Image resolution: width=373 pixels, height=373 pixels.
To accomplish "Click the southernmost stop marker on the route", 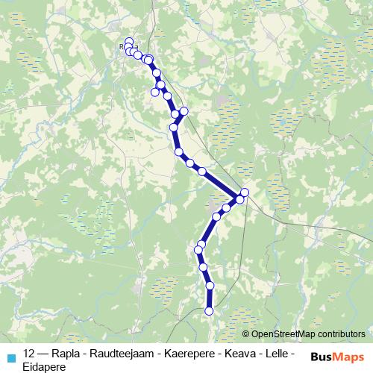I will pos(209,310).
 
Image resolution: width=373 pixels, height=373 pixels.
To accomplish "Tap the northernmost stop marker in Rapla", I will pos(129,42).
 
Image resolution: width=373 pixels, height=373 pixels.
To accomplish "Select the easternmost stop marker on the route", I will pos(244,192).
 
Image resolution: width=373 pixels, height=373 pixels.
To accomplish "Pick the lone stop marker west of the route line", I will pos(155,93).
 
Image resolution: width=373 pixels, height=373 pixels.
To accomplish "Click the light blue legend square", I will pos(10,357).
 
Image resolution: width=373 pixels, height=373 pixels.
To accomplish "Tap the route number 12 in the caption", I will pos(30,353).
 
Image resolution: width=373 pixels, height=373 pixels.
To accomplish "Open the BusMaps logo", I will pos(336,357).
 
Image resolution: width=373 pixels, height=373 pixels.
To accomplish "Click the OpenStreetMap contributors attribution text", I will pos(308,334).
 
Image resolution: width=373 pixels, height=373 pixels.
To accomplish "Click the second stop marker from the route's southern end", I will pos(210,286).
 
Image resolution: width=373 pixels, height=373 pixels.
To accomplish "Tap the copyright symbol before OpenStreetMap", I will pos(246,334).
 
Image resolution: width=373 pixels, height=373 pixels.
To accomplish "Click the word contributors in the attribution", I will pos(339,334).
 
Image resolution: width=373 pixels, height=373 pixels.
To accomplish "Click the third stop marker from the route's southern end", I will pos(203,266).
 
